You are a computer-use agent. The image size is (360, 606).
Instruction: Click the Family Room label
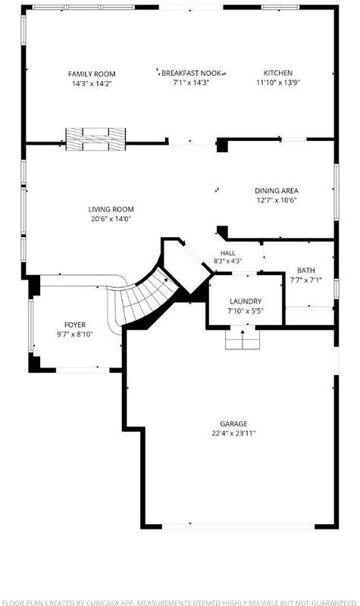pos(92,73)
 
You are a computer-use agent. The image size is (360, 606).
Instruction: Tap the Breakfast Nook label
pos(192,73)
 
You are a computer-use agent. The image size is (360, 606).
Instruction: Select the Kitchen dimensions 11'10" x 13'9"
pos(278,83)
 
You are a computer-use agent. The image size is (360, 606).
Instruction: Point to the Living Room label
pos(111,210)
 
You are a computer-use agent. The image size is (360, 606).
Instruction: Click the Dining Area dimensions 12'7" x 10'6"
pos(277,200)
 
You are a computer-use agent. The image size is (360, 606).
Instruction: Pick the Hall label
pos(228,253)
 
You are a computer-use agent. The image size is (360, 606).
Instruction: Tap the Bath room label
pos(306,270)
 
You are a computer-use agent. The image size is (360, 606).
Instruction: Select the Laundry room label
pos(246,301)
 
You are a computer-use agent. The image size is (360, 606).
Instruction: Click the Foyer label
pos(75,325)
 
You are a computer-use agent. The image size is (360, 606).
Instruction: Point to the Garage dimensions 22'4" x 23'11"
pos(233,433)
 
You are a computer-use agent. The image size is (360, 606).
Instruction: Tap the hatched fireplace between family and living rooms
pos(95,139)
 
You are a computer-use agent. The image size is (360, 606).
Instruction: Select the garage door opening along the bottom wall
pos(238,526)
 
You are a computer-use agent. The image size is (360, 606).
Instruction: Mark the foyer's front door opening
pos(83,370)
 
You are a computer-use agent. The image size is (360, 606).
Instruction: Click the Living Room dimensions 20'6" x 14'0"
pos(111,219)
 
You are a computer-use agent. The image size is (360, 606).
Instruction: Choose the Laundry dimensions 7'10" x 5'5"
pos(246,311)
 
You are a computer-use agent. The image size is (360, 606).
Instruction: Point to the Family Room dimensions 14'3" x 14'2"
pos(92,83)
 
